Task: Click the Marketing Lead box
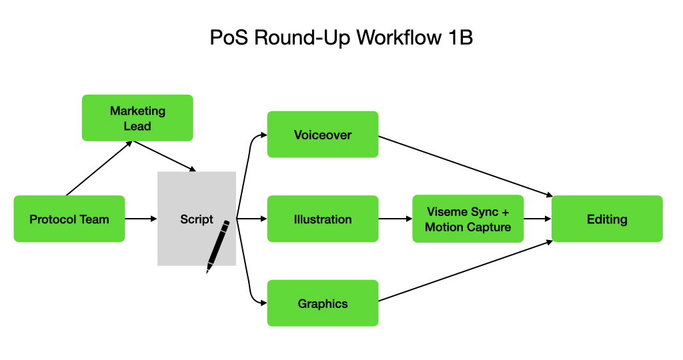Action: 137,117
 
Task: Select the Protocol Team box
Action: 69,219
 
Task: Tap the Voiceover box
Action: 323,134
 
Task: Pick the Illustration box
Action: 323,219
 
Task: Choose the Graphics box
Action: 323,303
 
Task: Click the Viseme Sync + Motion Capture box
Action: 468,219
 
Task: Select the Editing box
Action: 607,219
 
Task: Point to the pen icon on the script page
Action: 218,246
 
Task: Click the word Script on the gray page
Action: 197,219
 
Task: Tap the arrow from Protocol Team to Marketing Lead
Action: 99,169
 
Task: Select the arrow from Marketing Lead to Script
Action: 165,156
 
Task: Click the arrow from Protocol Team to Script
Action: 141,219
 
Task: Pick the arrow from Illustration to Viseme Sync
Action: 395,219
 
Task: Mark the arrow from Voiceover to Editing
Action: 466,167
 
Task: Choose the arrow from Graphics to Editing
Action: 466,271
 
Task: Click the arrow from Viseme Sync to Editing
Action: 538,219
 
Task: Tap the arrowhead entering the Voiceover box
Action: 263,135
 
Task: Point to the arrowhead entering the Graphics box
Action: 263,303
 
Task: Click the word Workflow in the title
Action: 399,37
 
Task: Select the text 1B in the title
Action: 460,37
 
